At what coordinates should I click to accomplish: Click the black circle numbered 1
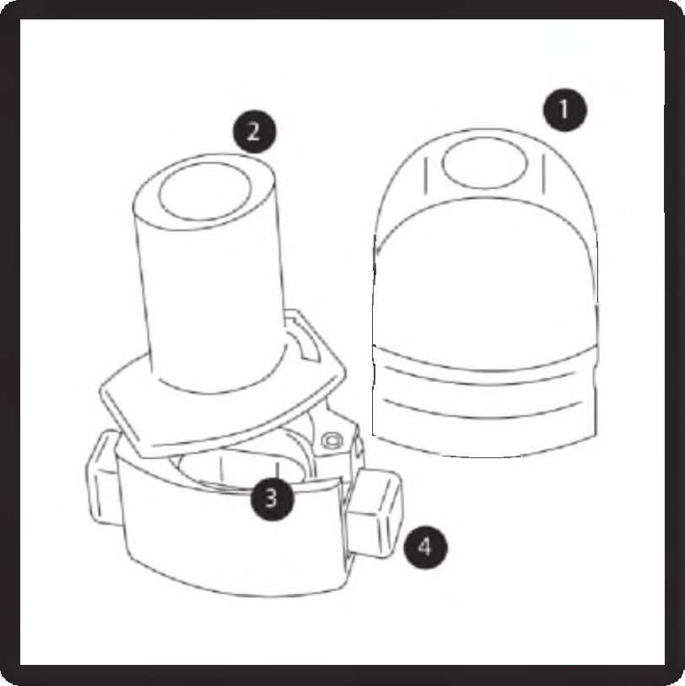pos(564,110)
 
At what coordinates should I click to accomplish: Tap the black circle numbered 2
pos(254,132)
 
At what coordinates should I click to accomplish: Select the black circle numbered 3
pos(272,499)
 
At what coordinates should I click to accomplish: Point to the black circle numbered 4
pos(424,548)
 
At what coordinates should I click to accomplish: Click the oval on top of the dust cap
pos(485,163)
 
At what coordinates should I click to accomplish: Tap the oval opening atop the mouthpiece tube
pos(204,192)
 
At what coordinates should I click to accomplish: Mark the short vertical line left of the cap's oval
pos(426,176)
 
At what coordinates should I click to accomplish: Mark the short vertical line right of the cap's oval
pos(544,174)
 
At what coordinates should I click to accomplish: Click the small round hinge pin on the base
pos(332,440)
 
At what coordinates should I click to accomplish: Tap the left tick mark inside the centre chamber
pos(222,469)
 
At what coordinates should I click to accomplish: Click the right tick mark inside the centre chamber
pos(278,468)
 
